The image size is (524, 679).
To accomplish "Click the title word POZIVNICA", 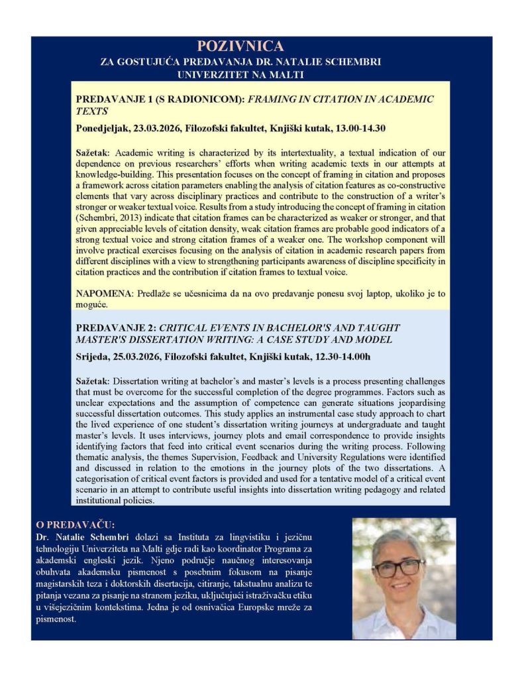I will (240, 46).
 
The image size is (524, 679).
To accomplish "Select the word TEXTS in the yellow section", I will (92, 111).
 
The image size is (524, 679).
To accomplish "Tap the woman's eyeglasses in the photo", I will (398, 568).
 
